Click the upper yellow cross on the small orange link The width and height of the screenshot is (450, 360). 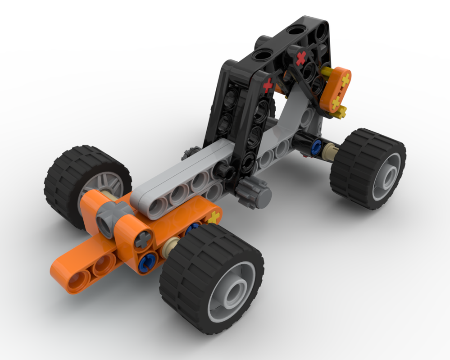[345, 81]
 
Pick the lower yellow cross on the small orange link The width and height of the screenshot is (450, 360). [336, 103]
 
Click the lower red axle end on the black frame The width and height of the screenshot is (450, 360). [268, 84]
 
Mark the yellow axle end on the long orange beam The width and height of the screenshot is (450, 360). [214, 219]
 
